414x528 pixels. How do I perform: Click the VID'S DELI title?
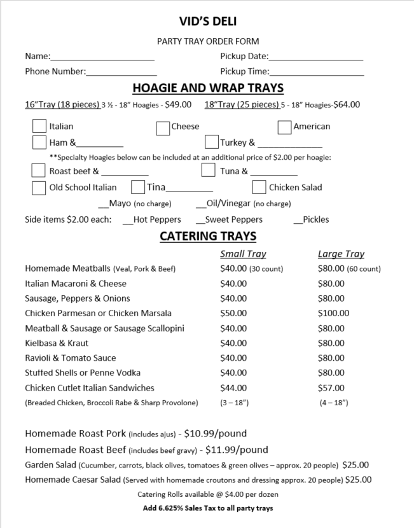coord(208,22)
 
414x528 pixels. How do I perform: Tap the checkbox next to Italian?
coord(39,125)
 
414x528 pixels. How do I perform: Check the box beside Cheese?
coord(163,127)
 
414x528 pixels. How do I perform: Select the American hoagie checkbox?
coord(285,127)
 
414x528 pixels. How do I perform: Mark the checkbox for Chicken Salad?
coord(259,187)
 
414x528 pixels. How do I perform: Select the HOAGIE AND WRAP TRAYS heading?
coord(208,88)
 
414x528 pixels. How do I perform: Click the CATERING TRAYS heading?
coord(208,236)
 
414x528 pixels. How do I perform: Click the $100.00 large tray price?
coord(333,313)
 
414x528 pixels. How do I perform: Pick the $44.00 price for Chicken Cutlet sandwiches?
coord(233,387)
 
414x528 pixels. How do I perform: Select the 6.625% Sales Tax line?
coord(208,508)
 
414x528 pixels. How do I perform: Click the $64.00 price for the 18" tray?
coord(347,105)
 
